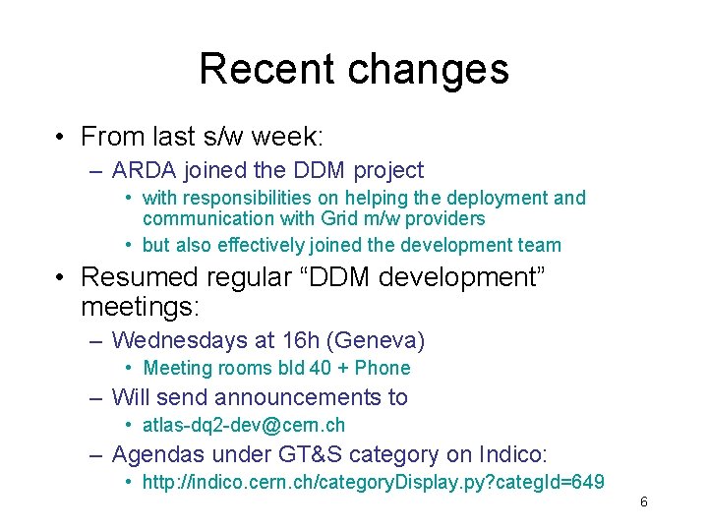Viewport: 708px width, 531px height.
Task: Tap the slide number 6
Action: [x=644, y=502]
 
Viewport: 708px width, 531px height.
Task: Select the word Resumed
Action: [x=139, y=277]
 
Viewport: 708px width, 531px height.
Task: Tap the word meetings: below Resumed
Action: [x=140, y=307]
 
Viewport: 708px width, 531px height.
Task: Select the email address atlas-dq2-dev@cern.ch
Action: [x=243, y=425]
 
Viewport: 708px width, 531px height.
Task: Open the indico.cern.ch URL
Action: [x=373, y=482]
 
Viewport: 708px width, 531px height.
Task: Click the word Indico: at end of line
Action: [x=512, y=454]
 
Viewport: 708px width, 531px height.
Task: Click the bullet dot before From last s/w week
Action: [x=61, y=136]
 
